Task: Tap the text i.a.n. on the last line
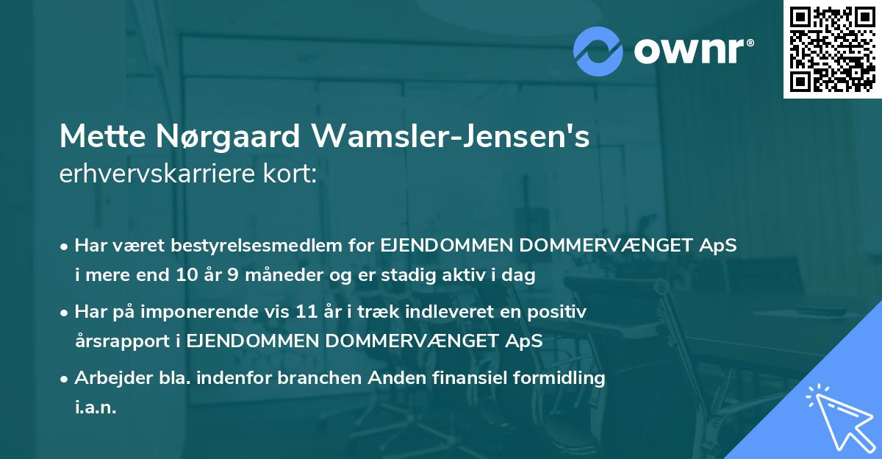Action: tap(96, 408)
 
